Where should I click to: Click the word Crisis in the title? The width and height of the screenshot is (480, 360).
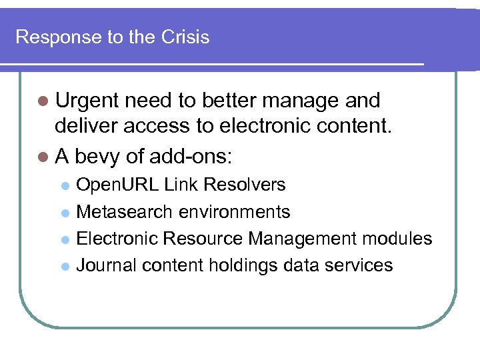pos(185,37)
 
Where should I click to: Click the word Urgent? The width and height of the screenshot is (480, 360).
pos(87,101)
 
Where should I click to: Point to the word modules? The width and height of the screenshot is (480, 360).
pos(399,239)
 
